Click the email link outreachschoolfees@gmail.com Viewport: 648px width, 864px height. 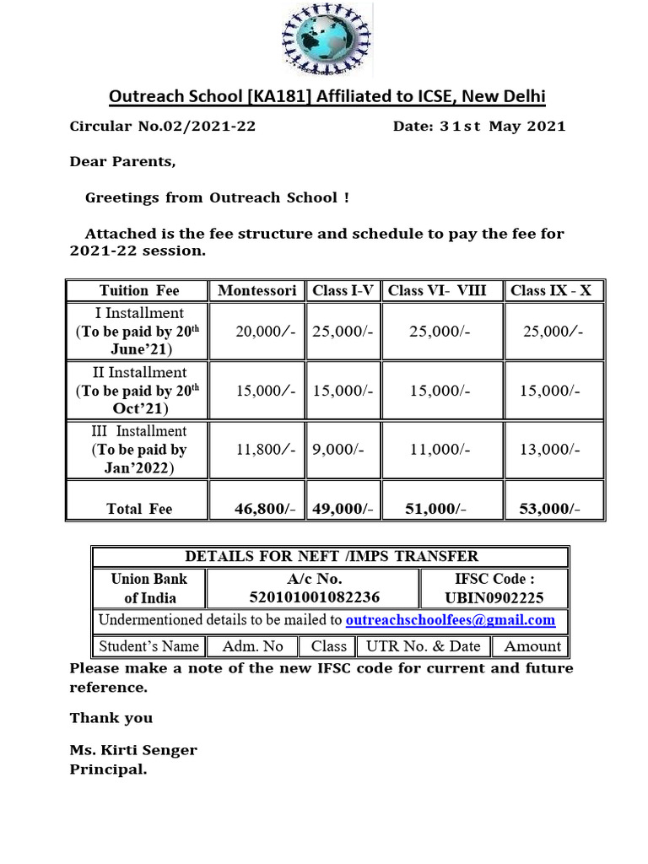(x=451, y=620)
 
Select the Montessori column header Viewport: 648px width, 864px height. (x=256, y=290)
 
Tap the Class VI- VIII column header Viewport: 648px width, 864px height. (x=437, y=290)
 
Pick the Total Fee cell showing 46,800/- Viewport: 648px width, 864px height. (x=265, y=508)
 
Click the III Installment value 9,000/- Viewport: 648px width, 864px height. (x=338, y=450)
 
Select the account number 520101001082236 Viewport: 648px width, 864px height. (x=314, y=597)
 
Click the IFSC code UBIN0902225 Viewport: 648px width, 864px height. (x=494, y=598)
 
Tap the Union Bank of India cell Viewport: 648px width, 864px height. (x=149, y=588)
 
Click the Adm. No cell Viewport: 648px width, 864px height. (x=252, y=646)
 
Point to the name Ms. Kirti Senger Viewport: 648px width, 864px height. (x=133, y=750)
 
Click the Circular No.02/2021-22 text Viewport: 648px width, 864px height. (x=162, y=127)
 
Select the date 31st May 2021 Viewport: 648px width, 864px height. (x=479, y=127)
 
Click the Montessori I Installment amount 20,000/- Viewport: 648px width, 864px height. (x=265, y=332)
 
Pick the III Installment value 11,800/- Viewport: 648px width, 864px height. (x=265, y=450)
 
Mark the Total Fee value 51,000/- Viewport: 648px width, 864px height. (x=437, y=508)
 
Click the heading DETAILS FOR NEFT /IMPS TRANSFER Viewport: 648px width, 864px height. (x=331, y=556)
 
